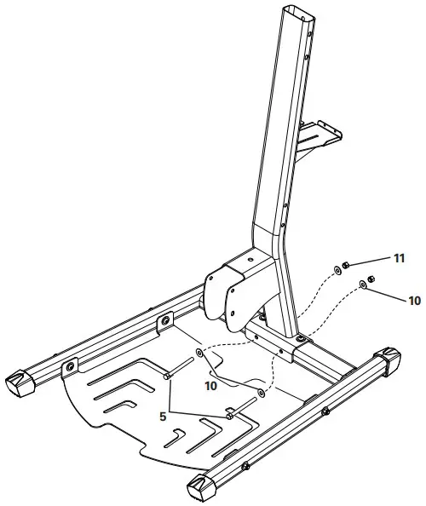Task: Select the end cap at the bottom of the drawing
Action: pyautogui.click(x=201, y=488)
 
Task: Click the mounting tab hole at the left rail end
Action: pyautogui.click(x=69, y=366)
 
